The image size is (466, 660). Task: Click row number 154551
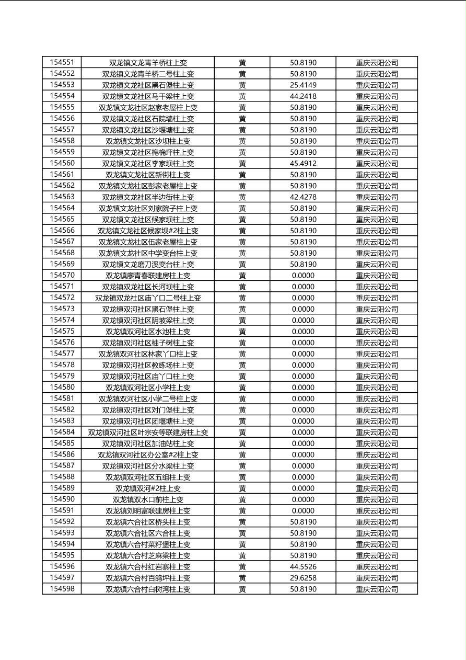(62, 62)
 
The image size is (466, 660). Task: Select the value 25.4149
(303, 85)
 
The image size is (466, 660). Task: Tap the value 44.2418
(303, 96)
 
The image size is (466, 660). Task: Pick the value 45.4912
(303, 163)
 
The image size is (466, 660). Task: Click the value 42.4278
(303, 197)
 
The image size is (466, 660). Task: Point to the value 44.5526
(303, 567)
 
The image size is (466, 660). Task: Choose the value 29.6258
(303, 578)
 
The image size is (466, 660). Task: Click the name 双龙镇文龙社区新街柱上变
(148, 175)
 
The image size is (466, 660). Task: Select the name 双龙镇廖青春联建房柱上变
(148, 276)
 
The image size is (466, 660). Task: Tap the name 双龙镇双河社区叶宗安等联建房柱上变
(148, 433)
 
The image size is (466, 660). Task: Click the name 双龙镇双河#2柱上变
(148, 488)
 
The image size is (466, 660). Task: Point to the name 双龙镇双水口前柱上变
(148, 499)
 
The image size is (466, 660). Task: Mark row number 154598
(62, 589)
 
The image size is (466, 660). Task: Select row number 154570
(62, 276)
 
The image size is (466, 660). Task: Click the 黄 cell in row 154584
(242, 433)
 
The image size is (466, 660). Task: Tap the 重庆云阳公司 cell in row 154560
(377, 163)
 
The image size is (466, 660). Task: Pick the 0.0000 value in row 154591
(303, 511)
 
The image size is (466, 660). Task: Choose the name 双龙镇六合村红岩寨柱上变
(148, 567)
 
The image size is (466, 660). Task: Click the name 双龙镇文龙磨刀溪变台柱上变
(148, 264)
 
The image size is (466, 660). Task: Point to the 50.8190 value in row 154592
(303, 522)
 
